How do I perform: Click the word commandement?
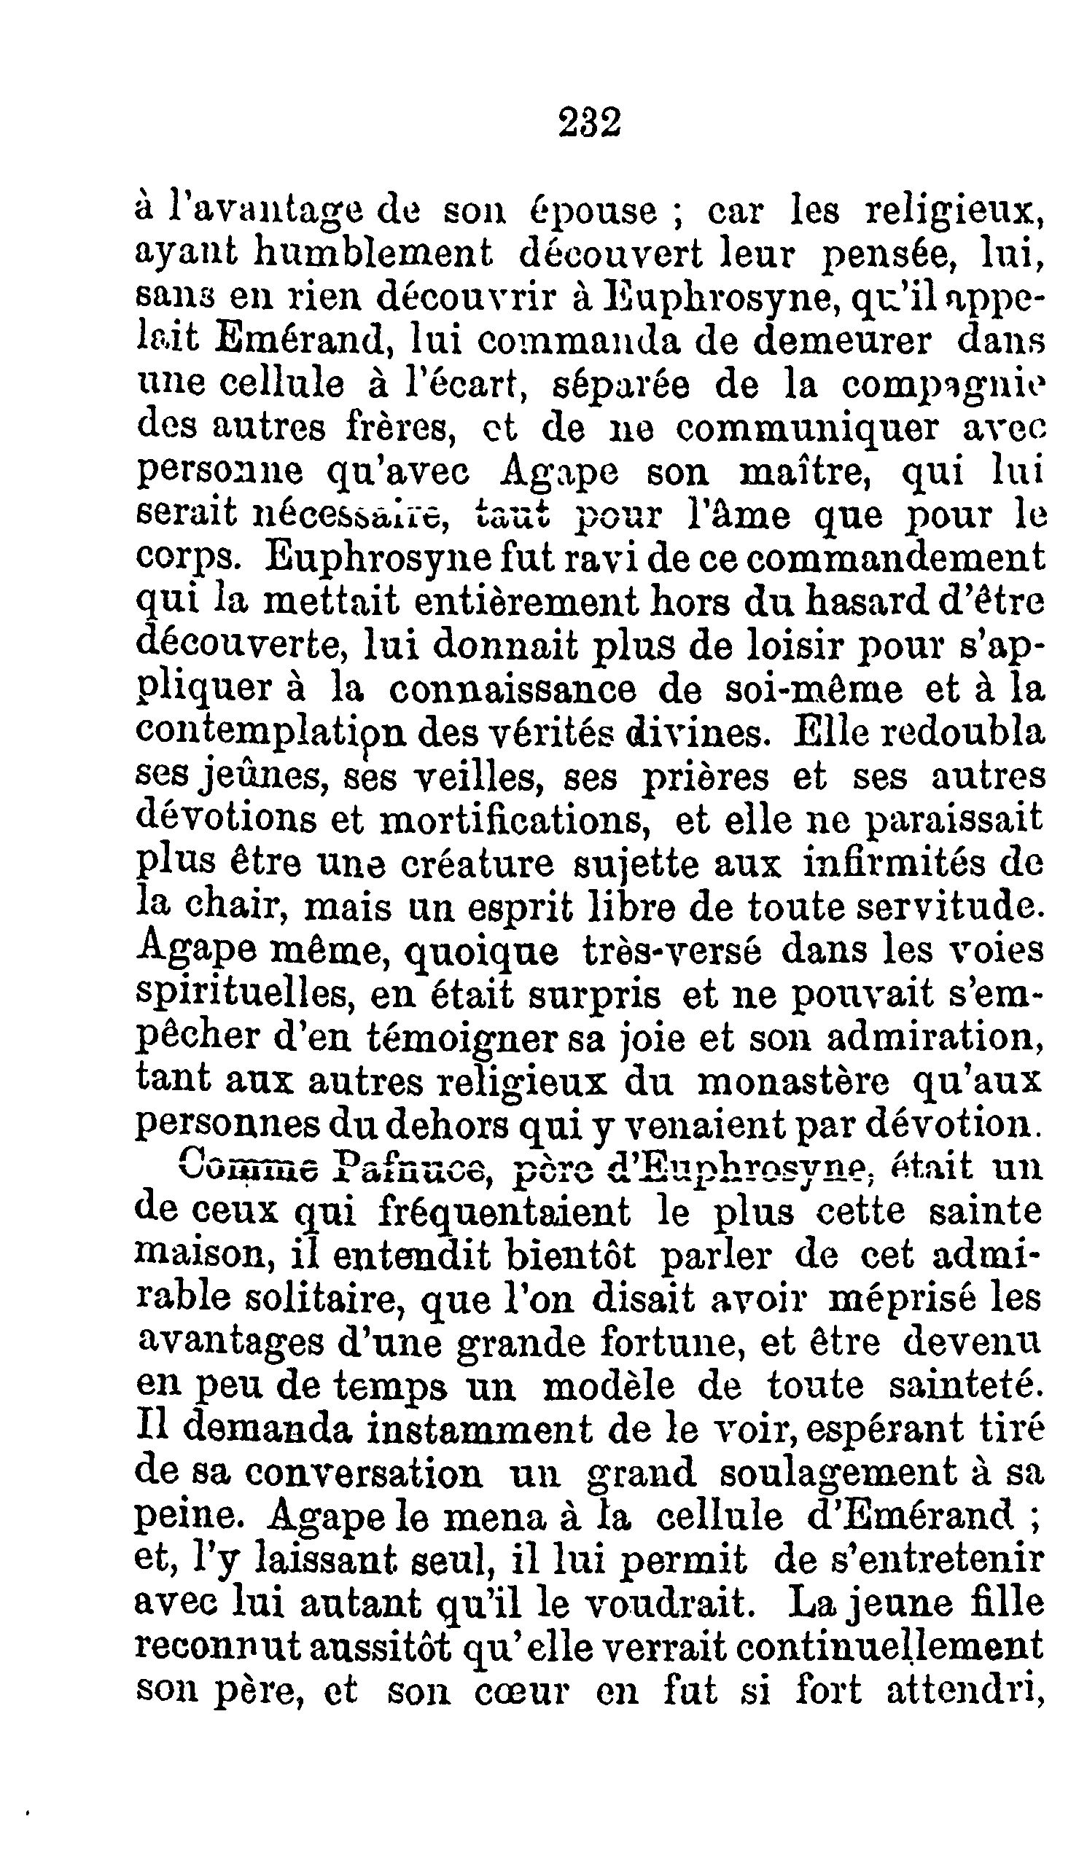[x=895, y=558]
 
